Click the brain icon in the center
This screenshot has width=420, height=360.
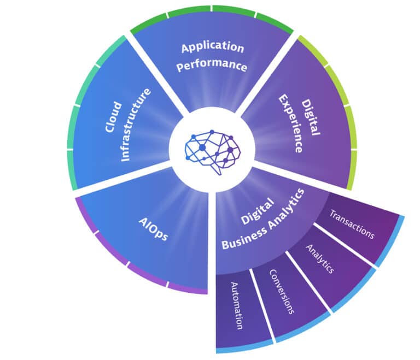(x=212, y=152)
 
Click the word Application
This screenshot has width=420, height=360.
(x=213, y=48)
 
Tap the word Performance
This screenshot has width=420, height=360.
(x=212, y=65)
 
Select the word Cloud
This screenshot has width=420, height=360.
(x=113, y=117)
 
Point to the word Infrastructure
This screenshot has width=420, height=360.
(x=136, y=125)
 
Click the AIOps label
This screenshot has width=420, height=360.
(x=153, y=229)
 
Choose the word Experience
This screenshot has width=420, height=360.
(x=290, y=123)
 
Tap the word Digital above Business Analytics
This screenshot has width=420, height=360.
(x=258, y=211)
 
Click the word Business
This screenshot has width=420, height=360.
(x=244, y=238)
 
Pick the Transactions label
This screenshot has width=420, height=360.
(x=352, y=224)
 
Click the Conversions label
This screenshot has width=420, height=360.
(x=282, y=292)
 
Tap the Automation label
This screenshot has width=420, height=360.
(x=237, y=305)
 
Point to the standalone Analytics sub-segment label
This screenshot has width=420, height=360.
(x=320, y=259)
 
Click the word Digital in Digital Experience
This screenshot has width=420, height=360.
(x=311, y=117)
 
